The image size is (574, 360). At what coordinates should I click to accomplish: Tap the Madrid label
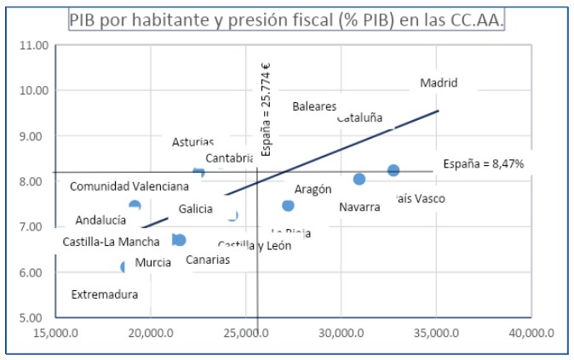(x=439, y=83)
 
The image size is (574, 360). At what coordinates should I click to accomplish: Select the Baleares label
(x=314, y=106)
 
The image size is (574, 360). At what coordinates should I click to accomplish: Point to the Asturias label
(x=192, y=143)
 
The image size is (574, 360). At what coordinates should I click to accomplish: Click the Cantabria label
(x=230, y=158)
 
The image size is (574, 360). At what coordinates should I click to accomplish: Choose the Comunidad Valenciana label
(x=129, y=186)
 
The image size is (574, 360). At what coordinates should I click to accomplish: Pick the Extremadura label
(x=104, y=295)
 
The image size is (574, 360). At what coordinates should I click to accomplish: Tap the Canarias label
(x=208, y=260)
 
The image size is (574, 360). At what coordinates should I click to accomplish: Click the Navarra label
(x=359, y=207)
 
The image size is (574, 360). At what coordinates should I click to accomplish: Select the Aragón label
(x=313, y=190)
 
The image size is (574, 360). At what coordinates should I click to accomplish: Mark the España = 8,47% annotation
(x=484, y=163)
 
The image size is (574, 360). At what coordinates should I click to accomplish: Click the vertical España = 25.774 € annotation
(x=266, y=110)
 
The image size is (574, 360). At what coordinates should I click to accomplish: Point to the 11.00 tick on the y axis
(x=32, y=44)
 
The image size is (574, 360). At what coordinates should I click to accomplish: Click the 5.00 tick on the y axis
(x=32, y=317)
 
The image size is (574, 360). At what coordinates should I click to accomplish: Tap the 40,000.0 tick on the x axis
(x=531, y=334)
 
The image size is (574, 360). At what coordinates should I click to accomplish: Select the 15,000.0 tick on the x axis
(x=56, y=334)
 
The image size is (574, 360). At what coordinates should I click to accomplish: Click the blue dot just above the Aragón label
(x=288, y=205)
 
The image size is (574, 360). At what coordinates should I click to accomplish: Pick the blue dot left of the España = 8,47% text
(x=393, y=170)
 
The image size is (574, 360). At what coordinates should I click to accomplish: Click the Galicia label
(x=196, y=209)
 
